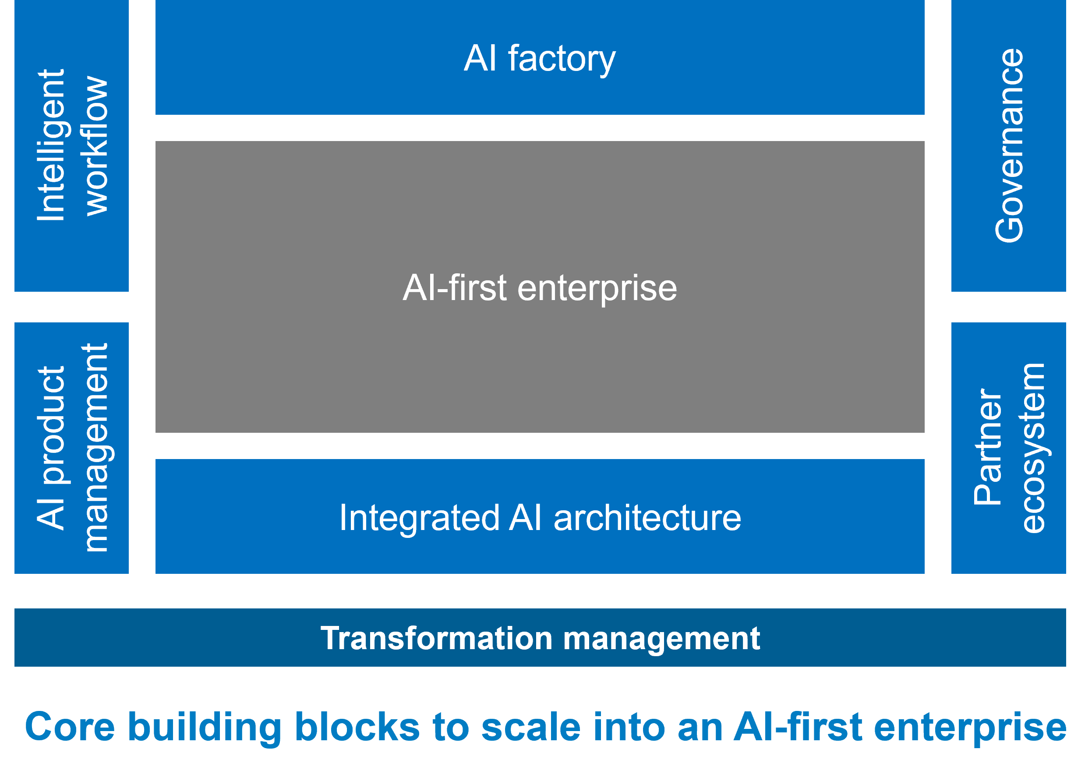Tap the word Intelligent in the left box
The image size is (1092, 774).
(x=51, y=145)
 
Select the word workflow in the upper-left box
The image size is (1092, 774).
(x=94, y=146)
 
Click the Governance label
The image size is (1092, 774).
(x=1009, y=146)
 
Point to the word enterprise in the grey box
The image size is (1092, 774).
(x=597, y=288)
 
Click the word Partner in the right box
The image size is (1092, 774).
(x=987, y=448)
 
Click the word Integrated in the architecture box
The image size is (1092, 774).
(x=420, y=518)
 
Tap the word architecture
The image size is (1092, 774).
(x=647, y=518)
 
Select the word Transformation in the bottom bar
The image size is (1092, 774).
(x=436, y=638)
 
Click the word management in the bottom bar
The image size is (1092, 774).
(x=661, y=639)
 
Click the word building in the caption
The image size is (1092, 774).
(x=205, y=728)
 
